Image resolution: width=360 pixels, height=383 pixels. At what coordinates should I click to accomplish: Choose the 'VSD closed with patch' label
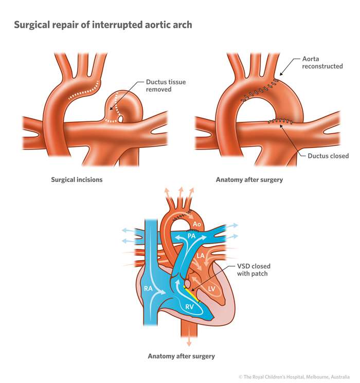pyautogui.click(x=254, y=270)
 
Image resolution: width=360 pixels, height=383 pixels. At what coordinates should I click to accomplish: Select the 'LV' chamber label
pyautogui.click(x=211, y=289)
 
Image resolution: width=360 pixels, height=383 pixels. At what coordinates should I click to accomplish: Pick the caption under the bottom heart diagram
pyautogui.click(x=181, y=356)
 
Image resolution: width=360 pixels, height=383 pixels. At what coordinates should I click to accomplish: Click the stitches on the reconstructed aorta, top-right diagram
pyautogui.click(x=260, y=88)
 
